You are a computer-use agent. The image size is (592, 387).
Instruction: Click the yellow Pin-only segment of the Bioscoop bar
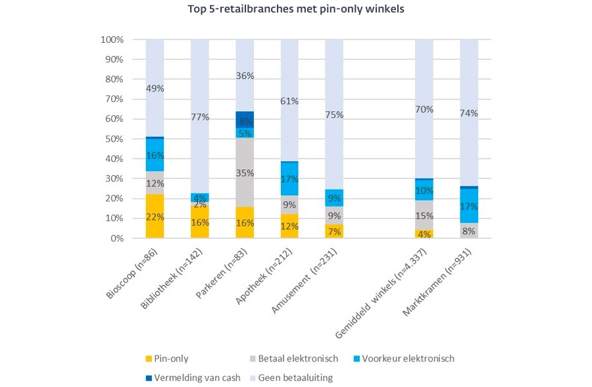(x=155, y=216)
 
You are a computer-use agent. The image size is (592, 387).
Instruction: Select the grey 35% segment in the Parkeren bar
(x=245, y=173)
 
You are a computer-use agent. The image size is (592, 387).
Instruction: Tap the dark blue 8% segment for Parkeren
(x=245, y=120)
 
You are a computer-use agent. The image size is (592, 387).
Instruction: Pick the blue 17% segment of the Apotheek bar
(x=289, y=178)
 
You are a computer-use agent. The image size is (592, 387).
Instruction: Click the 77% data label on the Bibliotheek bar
(x=200, y=117)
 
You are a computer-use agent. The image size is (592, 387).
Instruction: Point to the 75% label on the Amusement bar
(x=334, y=114)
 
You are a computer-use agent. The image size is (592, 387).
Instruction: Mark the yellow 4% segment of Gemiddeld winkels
(x=424, y=234)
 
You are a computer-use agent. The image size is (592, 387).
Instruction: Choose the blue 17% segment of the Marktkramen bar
(x=469, y=205)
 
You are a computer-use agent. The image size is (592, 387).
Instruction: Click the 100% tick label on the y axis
(x=112, y=39)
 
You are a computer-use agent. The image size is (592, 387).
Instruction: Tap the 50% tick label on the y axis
(x=114, y=139)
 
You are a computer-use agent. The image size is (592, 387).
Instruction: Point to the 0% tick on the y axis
(x=116, y=238)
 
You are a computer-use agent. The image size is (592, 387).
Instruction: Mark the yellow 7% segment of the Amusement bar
(x=334, y=231)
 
